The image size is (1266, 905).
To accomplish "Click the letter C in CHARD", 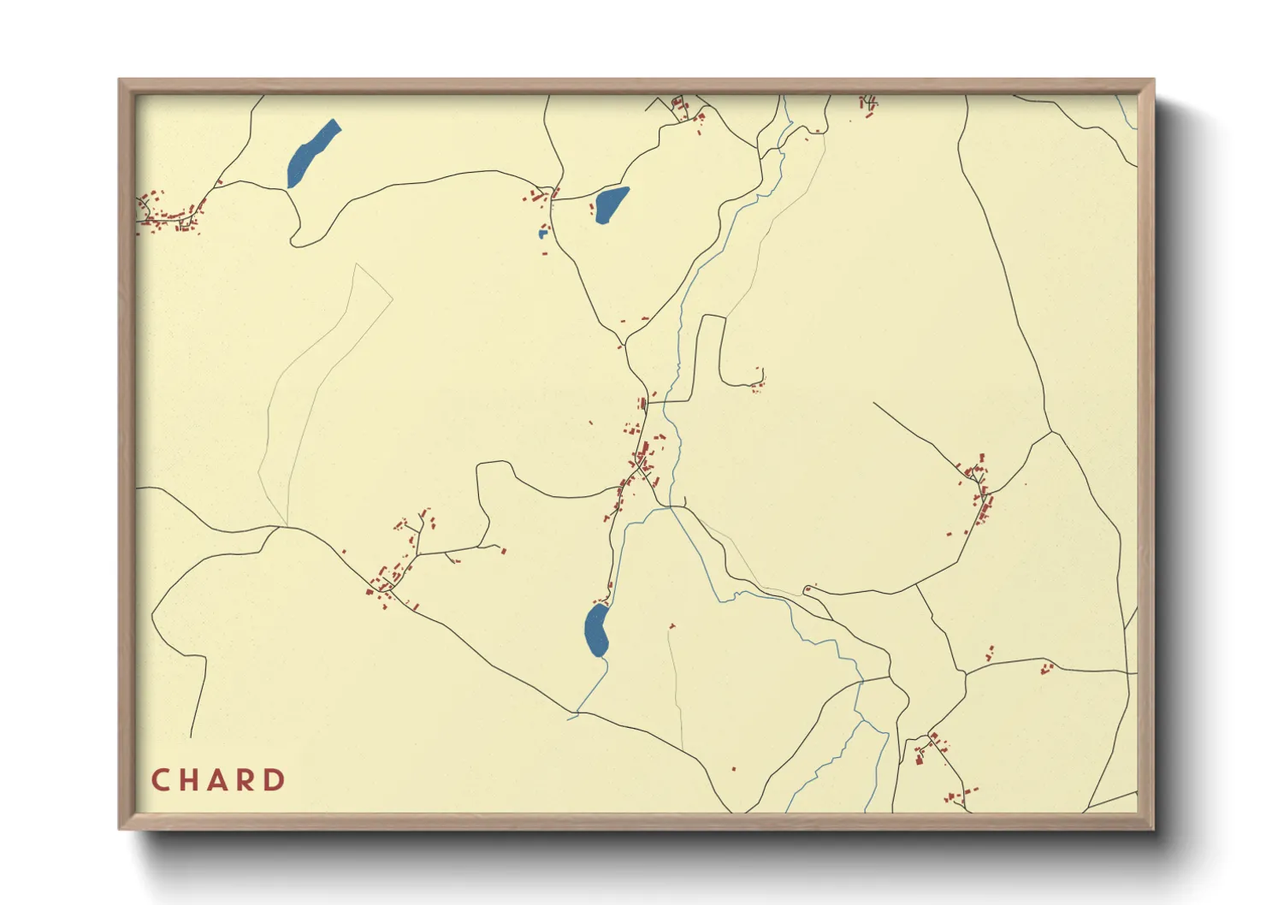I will point(160,780).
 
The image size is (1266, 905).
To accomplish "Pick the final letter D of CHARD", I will point(275,780).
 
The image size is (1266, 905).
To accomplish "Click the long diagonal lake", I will point(313,153).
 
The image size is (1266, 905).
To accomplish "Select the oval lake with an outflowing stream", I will point(596,630).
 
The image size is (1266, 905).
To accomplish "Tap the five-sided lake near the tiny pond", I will point(611,204).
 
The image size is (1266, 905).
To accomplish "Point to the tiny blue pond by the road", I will point(542,233).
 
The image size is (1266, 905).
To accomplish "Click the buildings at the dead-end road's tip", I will point(758,382).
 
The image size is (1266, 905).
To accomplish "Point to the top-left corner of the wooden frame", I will point(120,80).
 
